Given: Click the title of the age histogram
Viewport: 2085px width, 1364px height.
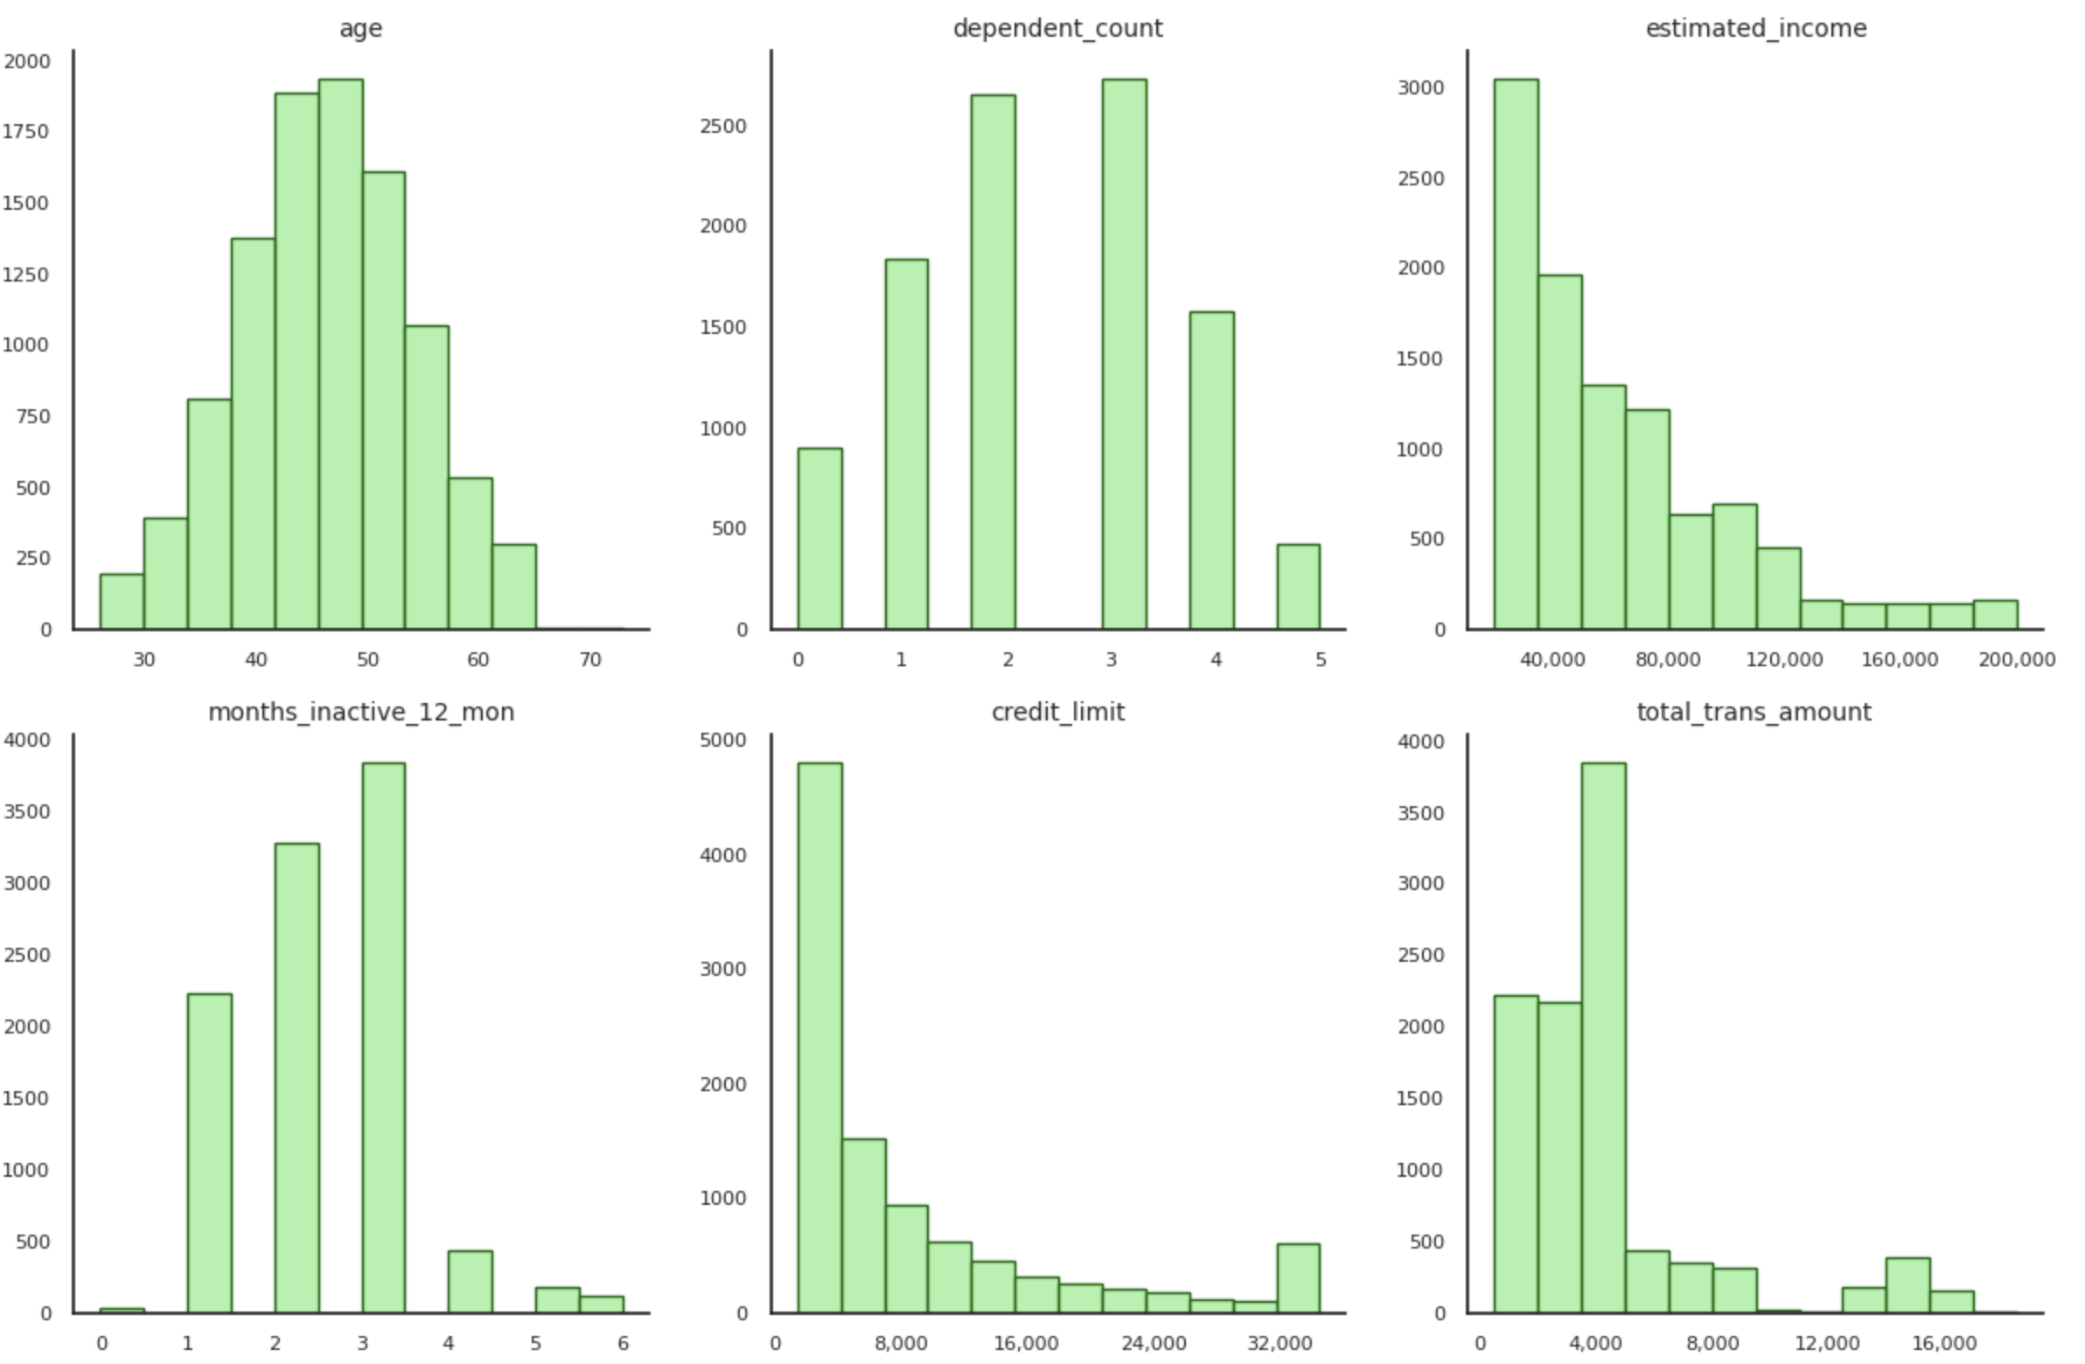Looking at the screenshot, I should tap(360, 29).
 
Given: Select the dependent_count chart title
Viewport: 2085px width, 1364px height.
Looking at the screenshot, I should tap(1057, 29).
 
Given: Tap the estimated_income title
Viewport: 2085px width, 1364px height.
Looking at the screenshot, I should tap(1755, 29).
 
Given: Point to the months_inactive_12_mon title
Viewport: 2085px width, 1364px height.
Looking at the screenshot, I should tap(360, 713).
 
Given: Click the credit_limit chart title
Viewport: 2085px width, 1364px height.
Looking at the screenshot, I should tap(1057, 713).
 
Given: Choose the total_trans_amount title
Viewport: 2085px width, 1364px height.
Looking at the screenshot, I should tap(1754, 713).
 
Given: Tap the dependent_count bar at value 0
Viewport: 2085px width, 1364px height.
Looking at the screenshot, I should tap(820, 539).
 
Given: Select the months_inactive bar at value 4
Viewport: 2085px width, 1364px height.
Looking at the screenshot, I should tap(471, 1281).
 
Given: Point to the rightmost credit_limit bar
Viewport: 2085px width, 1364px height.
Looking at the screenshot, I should tap(1298, 1278).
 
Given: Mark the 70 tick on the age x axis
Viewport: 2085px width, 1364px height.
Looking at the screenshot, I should tap(590, 659).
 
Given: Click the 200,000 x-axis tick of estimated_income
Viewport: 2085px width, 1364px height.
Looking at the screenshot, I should tap(2016, 659).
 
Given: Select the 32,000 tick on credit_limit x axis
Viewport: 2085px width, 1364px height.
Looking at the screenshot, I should tap(1279, 1343).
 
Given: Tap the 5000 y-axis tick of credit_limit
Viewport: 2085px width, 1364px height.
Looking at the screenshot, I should tap(722, 741).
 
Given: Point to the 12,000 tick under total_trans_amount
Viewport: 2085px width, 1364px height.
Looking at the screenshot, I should tap(1828, 1343).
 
